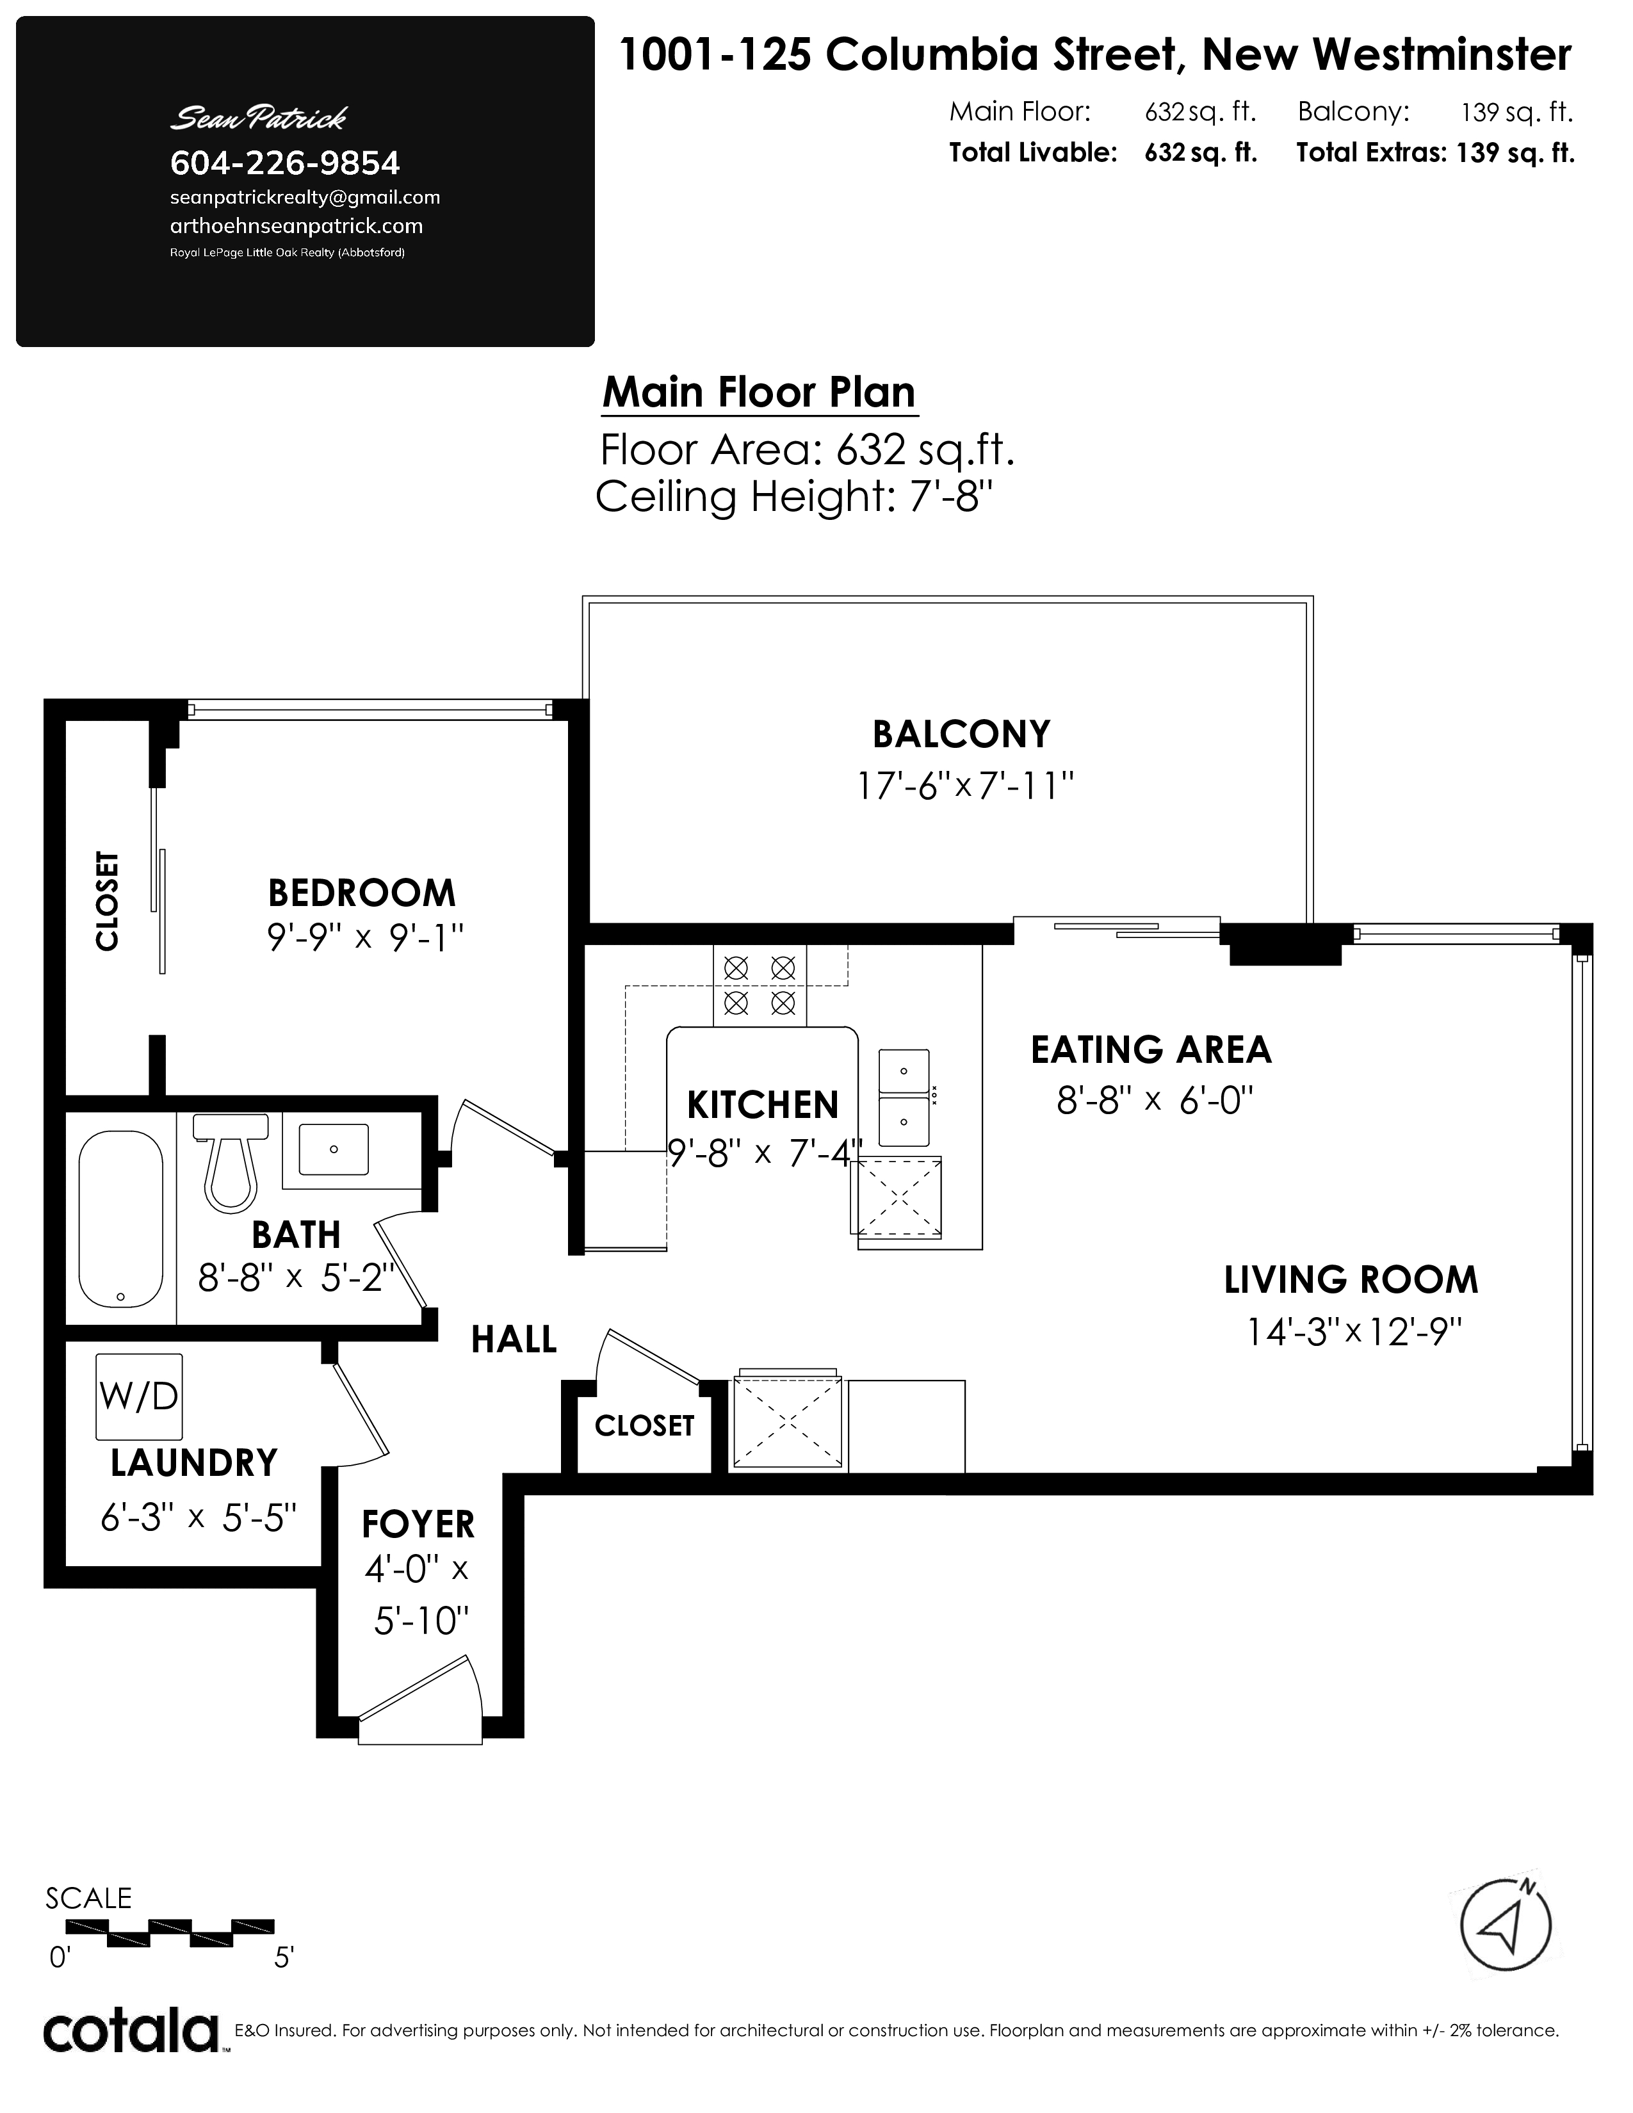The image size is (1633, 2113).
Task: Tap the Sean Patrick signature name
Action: [x=258, y=118]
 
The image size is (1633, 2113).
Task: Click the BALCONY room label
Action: [x=961, y=734]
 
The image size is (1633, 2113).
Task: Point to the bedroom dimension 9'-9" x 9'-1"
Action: [x=366, y=937]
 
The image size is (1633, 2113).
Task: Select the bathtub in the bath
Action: [x=120, y=1219]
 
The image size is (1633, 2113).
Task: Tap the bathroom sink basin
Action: [x=333, y=1149]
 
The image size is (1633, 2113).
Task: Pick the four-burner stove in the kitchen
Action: [x=760, y=985]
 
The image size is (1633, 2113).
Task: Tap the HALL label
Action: [x=514, y=1340]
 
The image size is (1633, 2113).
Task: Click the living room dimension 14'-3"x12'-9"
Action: [x=1353, y=1332]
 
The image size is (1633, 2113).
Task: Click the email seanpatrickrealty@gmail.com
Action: [x=305, y=197]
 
